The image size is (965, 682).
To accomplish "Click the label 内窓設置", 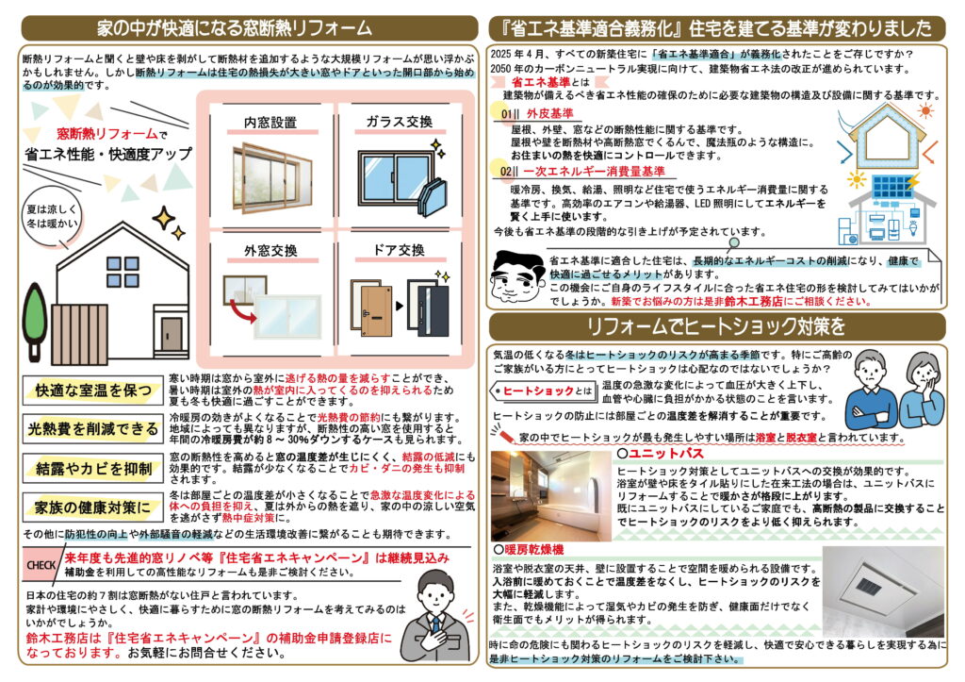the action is click(x=270, y=123).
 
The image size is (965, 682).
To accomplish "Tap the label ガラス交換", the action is click(x=400, y=122).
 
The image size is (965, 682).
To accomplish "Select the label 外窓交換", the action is click(x=270, y=251).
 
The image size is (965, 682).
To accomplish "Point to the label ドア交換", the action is click(x=399, y=250).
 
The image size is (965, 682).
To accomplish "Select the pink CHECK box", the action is click(x=41, y=565).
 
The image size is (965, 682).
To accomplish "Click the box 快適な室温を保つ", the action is click(x=92, y=391).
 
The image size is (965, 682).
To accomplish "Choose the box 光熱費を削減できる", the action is click(x=92, y=429).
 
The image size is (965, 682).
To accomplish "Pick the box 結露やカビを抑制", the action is click(x=92, y=469).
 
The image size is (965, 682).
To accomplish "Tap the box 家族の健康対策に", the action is click(x=92, y=507).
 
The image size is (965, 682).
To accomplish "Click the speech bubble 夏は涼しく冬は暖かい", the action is click(x=53, y=217).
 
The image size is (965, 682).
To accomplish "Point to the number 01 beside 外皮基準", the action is click(x=507, y=114).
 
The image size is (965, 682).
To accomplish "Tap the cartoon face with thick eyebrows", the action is click(x=518, y=276).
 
